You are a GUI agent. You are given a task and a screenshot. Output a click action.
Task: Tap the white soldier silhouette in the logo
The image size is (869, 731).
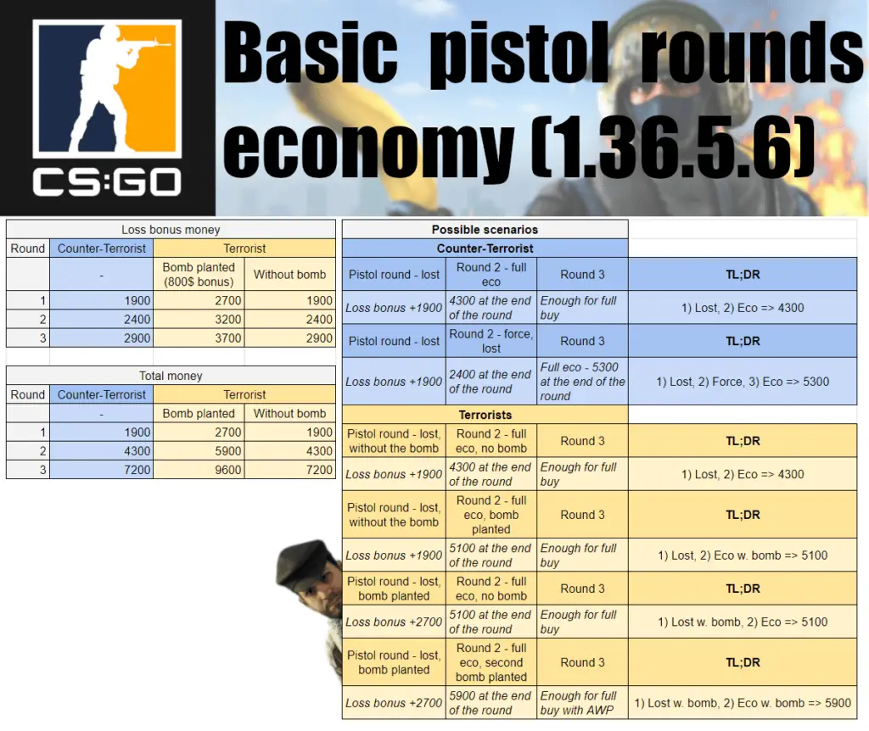pos(114,88)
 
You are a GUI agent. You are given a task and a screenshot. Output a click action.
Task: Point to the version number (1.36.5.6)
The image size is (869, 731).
pos(673,146)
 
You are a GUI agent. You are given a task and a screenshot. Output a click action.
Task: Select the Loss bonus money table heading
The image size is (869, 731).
pos(171,229)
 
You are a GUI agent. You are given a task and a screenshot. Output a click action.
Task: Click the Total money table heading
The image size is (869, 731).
pos(171,376)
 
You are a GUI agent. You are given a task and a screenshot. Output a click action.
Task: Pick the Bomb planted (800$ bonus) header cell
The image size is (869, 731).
pos(199,274)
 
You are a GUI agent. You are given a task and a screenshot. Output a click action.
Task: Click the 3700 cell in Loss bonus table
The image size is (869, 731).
pos(199,338)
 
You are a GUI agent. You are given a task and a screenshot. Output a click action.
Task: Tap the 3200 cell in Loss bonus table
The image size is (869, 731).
pos(199,319)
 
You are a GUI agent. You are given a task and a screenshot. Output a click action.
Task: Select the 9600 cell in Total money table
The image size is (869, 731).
pos(199,470)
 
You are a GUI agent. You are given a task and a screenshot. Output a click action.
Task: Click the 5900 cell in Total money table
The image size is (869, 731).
pos(199,451)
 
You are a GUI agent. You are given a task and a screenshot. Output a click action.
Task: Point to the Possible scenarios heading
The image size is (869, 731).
pos(485,229)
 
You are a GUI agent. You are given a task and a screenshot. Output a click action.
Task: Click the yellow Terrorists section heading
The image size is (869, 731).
pos(485,415)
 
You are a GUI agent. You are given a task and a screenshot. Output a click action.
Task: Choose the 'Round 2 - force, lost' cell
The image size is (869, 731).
pos(491,341)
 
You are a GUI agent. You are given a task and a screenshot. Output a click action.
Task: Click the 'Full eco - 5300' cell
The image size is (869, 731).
pos(582,382)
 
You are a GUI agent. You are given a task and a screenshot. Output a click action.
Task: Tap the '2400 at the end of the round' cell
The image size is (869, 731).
pos(491,382)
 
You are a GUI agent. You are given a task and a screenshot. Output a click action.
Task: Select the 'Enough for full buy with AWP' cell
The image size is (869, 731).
pos(582,703)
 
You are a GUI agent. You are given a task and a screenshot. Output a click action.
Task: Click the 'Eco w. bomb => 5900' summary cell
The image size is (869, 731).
pos(743,703)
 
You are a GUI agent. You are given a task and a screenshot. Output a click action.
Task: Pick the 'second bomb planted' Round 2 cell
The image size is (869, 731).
pos(491,662)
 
